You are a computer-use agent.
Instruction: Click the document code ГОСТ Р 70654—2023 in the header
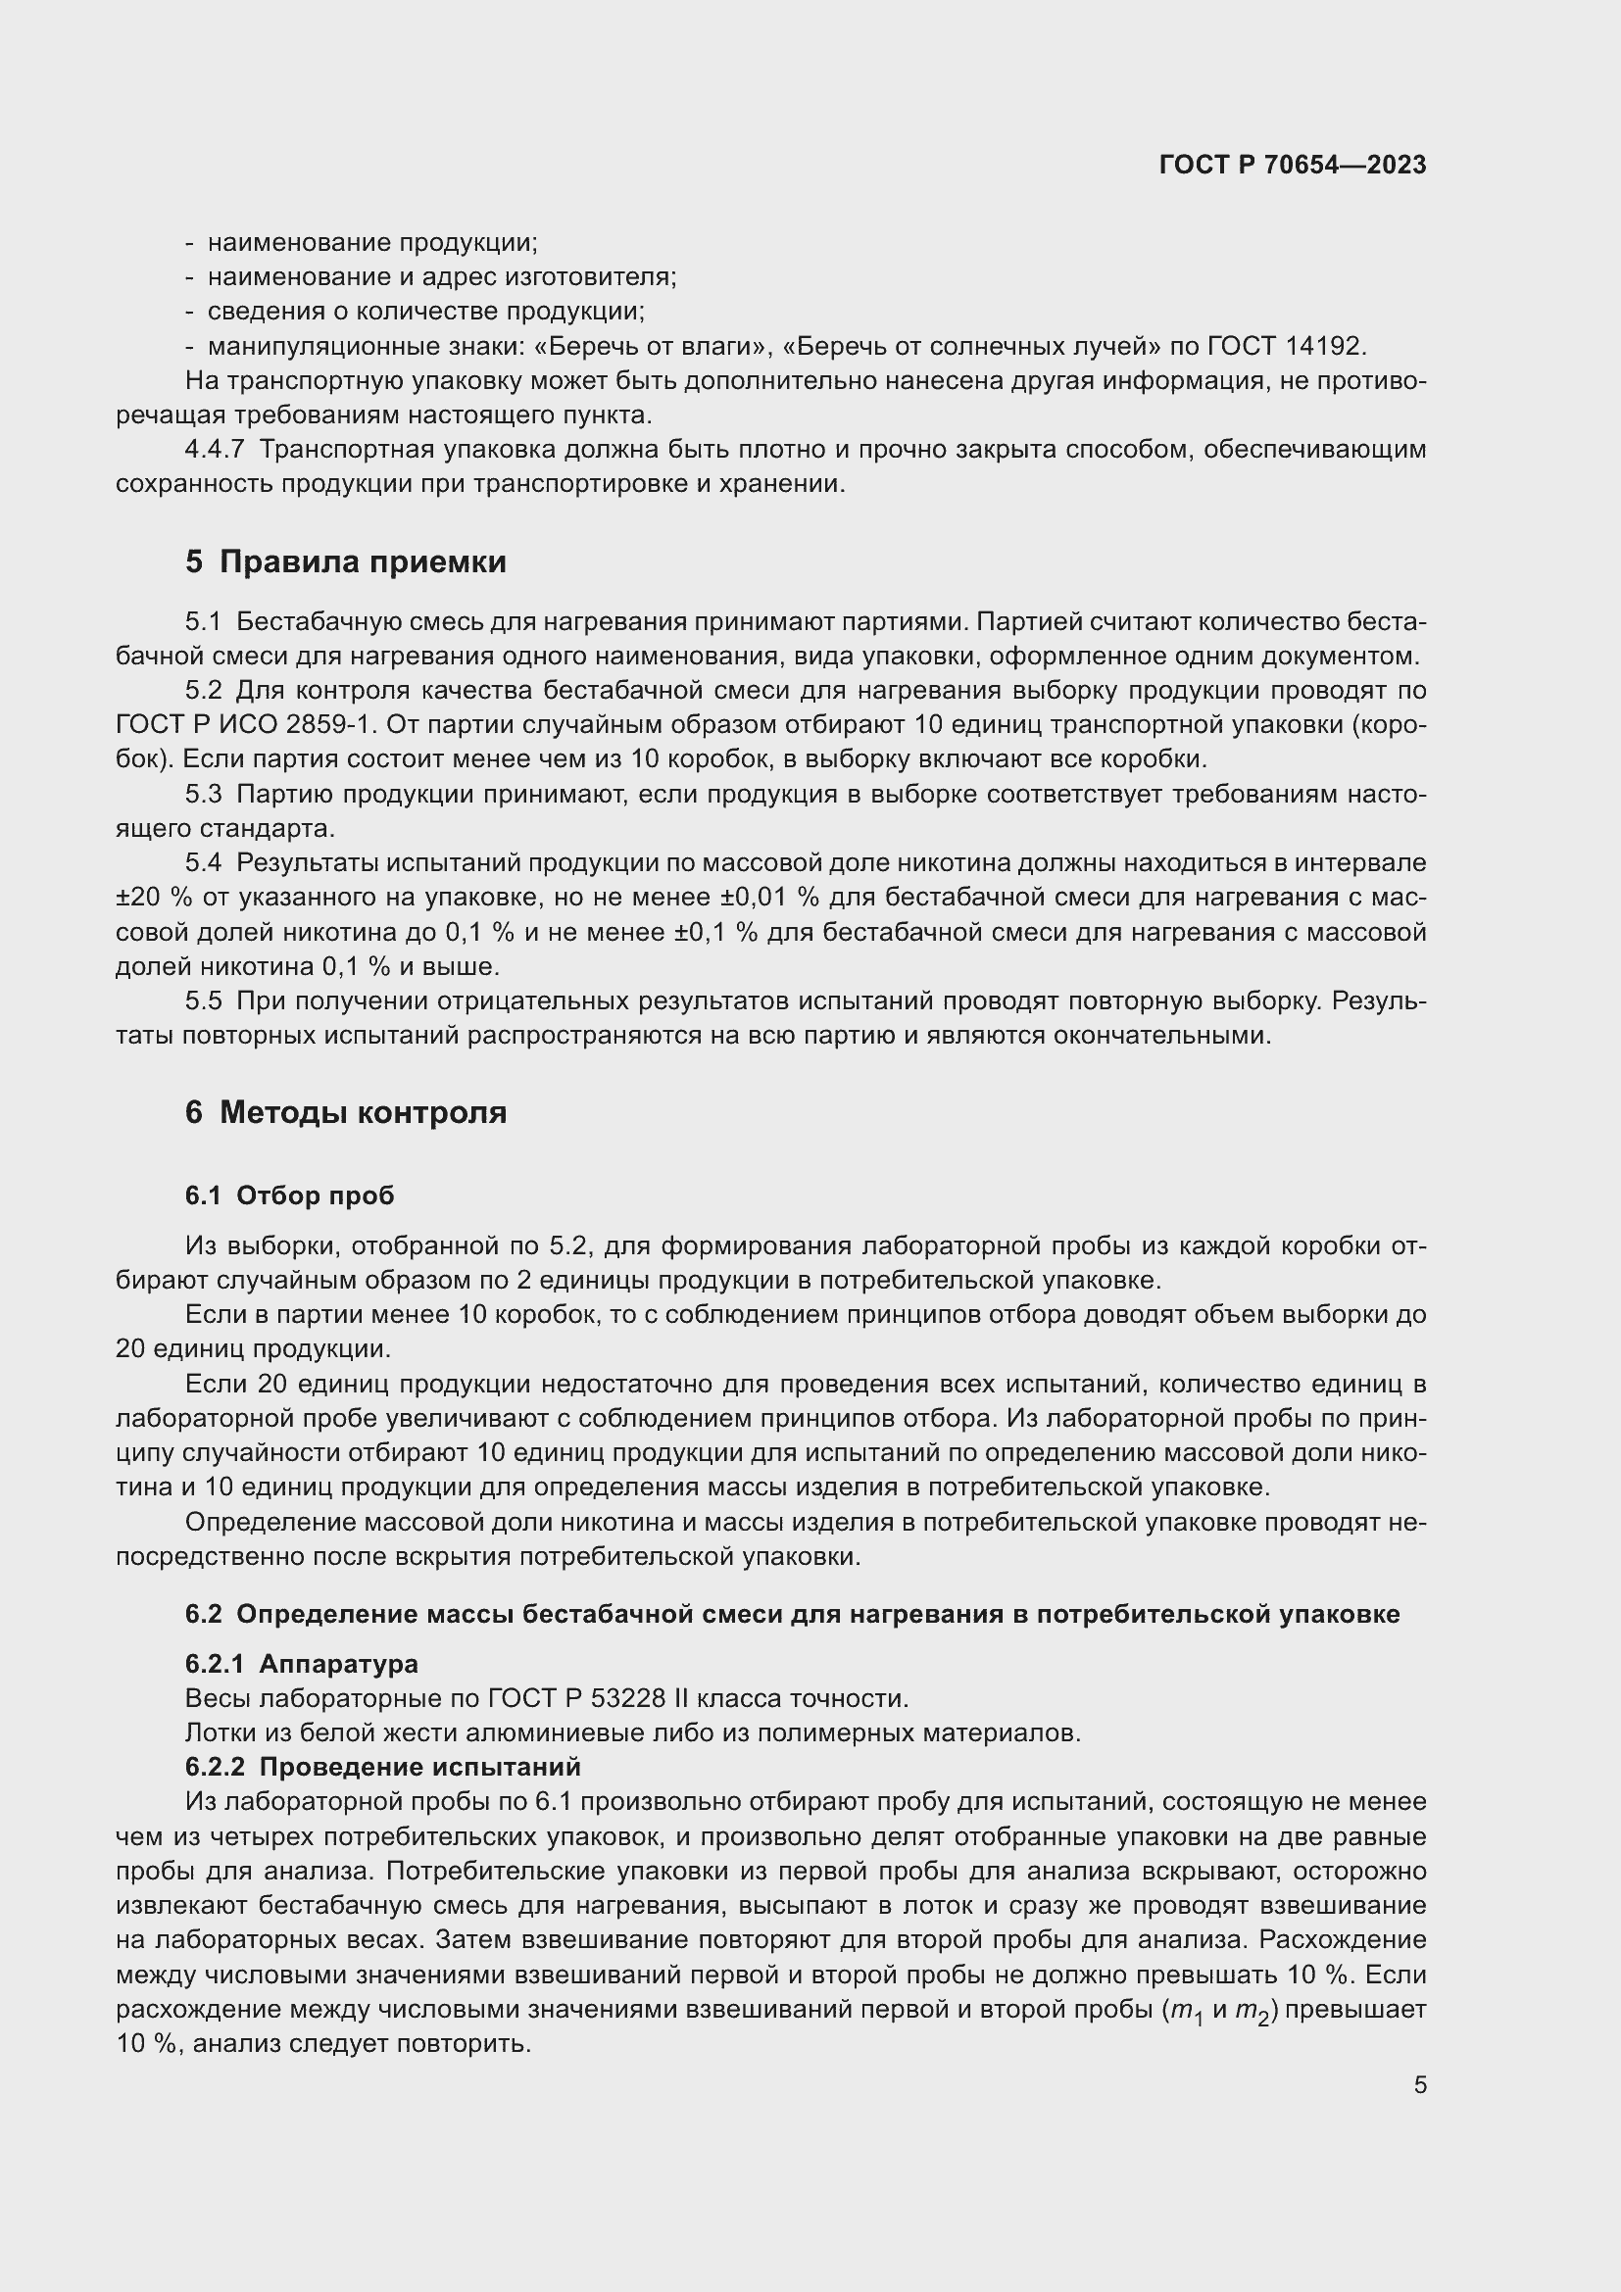(x=1293, y=166)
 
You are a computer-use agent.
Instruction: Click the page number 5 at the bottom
(x=1419, y=2085)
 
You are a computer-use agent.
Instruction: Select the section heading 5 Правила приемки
(x=345, y=562)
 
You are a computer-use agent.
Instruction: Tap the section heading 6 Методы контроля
(x=345, y=1112)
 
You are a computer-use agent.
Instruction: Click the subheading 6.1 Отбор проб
(x=289, y=1195)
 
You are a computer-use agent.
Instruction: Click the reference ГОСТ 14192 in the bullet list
(x=1285, y=346)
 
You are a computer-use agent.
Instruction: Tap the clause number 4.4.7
(x=215, y=449)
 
